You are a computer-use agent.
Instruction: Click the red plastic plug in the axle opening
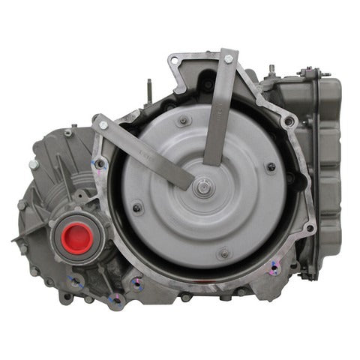77,238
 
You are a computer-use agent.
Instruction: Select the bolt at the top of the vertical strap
227,58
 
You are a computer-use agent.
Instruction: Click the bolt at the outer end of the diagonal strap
103,125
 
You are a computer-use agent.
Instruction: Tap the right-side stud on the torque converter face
271,166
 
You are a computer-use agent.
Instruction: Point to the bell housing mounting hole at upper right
289,120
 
